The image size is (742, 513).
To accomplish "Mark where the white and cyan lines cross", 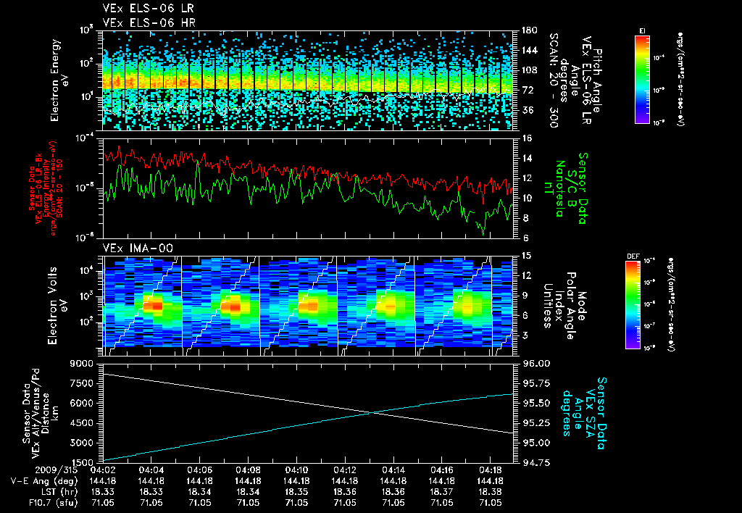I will pyautogui.click(x=374, y=412).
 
